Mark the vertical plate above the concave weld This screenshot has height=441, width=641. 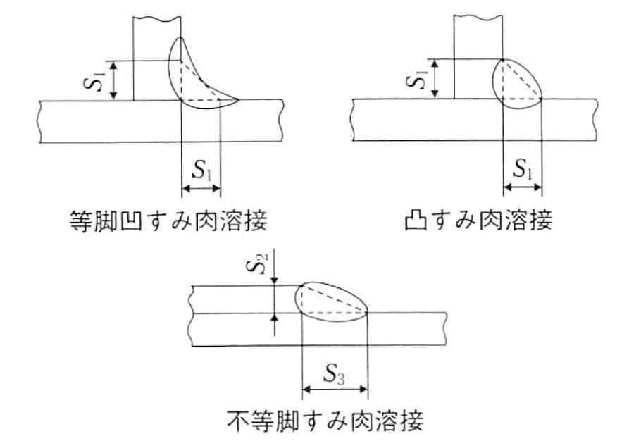(x=156, y=35)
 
